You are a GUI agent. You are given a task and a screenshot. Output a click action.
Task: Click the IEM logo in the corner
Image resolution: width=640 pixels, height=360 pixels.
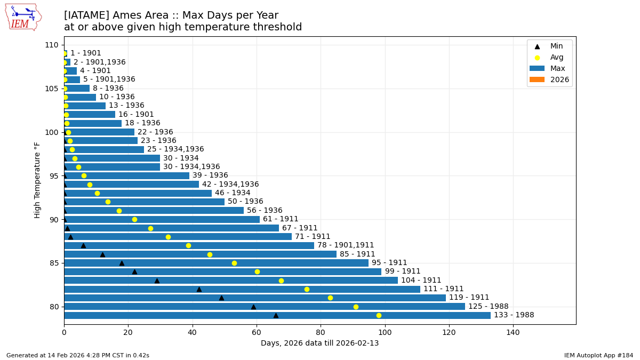click(x=23, y=17)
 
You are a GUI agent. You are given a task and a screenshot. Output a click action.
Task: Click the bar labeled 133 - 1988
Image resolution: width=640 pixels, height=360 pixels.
click(x=277, y=315)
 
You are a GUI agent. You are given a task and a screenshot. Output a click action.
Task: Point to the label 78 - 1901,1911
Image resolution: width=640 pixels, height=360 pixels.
click(x=346, y=245)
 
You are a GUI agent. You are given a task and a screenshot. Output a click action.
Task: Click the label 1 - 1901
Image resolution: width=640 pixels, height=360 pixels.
click(x=85, y=53)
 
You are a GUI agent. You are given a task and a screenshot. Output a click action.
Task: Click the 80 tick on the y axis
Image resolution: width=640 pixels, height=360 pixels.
click(x=53, y=307)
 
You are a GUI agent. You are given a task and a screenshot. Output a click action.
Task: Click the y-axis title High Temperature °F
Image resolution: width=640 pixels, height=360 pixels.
click(x=37, y=180)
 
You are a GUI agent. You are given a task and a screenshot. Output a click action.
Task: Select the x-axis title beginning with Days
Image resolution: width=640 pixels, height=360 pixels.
click(x=319, y=343)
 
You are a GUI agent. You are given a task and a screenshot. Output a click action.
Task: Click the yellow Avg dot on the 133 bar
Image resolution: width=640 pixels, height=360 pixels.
click(x=379, y=315)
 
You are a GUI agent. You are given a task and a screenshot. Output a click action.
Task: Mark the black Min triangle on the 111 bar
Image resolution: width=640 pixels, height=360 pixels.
click(x=199, y=289)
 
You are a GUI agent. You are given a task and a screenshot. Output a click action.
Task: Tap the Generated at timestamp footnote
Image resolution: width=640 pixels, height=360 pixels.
click(x=78, y=355)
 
